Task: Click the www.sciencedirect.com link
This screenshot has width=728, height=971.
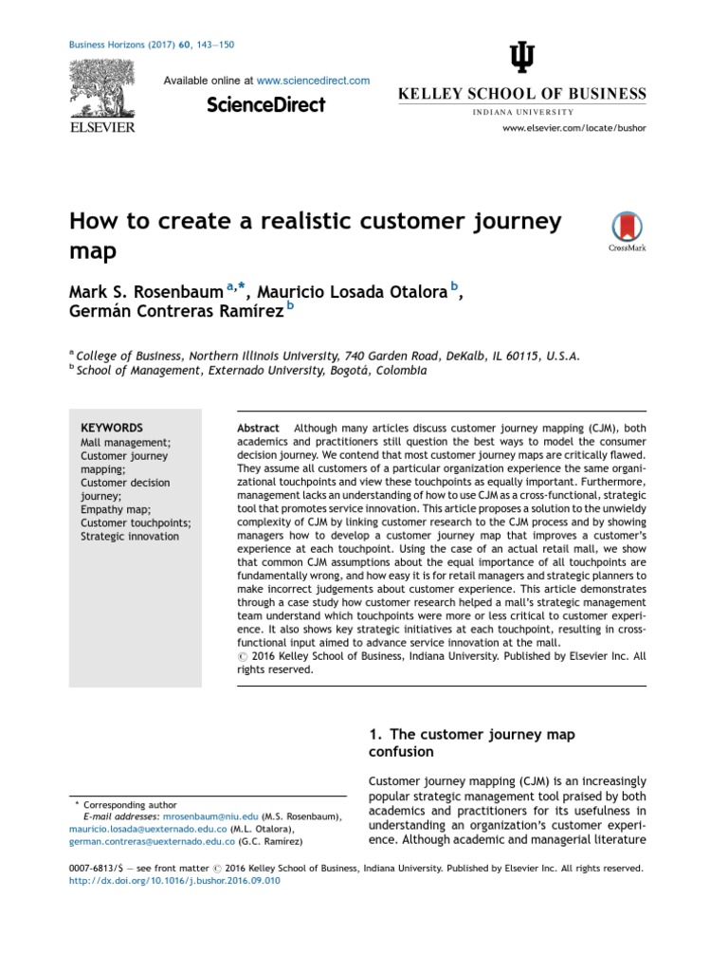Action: [x=313, y=82]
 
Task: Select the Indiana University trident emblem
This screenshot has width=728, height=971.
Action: [x=522, y=60]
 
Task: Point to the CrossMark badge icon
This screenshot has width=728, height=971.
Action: [x=626, y=228]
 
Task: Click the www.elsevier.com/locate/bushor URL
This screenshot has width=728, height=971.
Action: [x=573, y=127]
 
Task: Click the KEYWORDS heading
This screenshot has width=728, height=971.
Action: [x=112, y=428]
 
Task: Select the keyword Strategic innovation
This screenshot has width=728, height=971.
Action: [x=129, y=536]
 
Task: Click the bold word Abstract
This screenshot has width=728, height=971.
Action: [x=258, y=429]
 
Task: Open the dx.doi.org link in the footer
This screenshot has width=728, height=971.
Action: [x=174, y=881]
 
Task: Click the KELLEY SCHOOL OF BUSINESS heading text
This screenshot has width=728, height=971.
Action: [x=521, y=94]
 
